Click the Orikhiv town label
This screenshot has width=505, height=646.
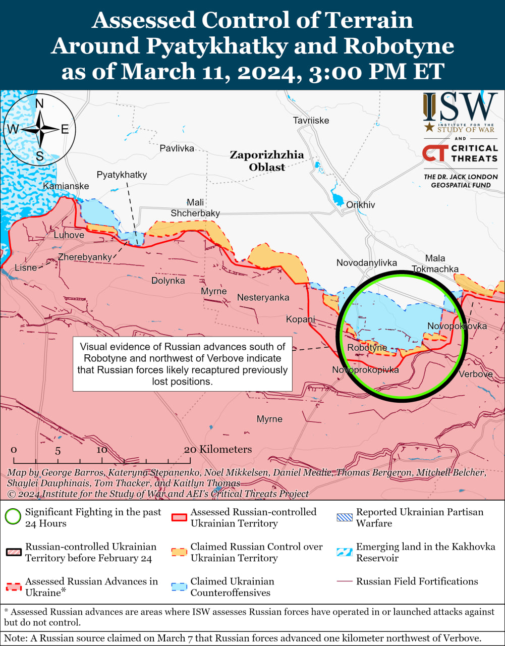[360, 205]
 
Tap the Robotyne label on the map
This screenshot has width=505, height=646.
[367, 348]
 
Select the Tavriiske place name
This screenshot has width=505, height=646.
[311, 120]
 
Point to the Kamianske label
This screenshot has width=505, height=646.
[66, 186]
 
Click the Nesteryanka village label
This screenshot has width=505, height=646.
[263, 297]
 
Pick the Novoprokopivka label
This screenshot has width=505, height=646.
[365, 370]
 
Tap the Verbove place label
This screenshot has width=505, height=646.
[475, 374]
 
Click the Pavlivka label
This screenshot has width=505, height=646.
[177, 148]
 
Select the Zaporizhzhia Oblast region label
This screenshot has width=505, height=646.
[266, 160]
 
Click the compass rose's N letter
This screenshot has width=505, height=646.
[39, 104]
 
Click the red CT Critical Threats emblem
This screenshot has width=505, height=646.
[434, 153]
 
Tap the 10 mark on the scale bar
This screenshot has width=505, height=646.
[102, 450]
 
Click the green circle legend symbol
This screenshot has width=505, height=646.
[13, 517]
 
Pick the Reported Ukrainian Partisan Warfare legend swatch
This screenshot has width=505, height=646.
[345, 517]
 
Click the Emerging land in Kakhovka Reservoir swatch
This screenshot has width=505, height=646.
[345, 552]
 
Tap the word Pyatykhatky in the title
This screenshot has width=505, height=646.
[217, 46]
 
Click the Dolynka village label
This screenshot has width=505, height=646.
[168, 281]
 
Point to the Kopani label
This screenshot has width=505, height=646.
[300, 319]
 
